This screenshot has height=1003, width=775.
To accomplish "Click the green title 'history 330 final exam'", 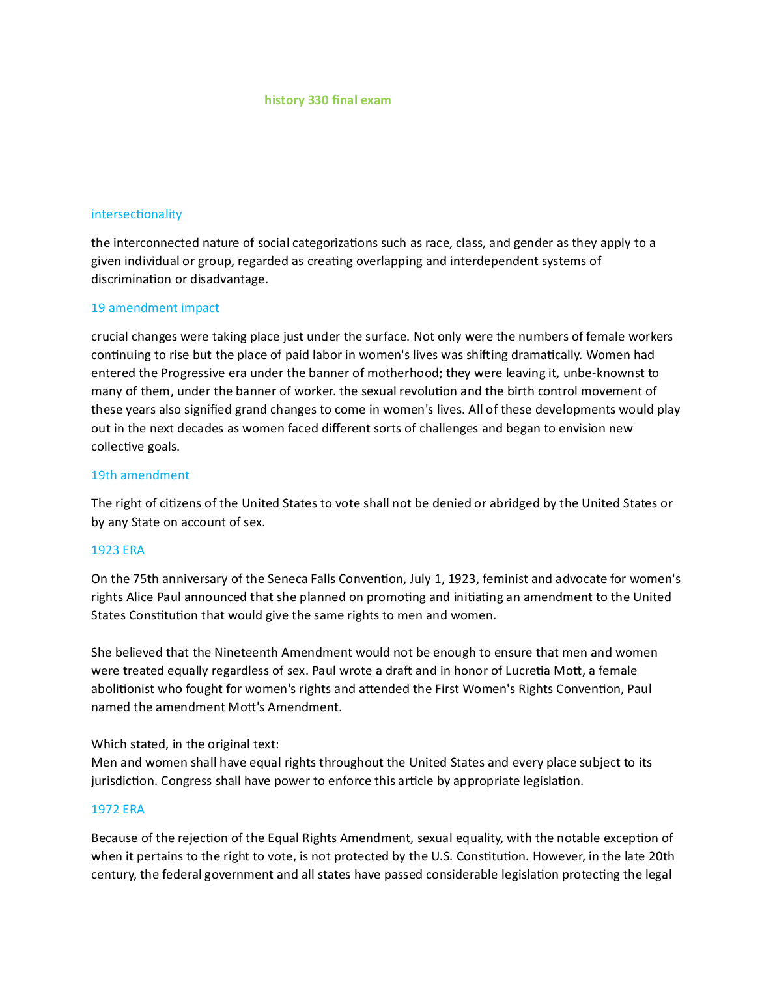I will (x=328, y=100).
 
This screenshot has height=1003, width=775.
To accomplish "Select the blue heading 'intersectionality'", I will (x=136, y=214).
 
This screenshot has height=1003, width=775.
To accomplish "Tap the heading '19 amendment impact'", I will (x=155, y=308).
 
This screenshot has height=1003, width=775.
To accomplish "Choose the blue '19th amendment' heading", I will (x=140, y=475).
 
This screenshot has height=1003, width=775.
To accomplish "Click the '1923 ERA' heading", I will (x=118, y=550).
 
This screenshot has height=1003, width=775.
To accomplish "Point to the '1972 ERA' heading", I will (x=118, y=810).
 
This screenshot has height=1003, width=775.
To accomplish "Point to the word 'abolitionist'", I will (x=123, y=689).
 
